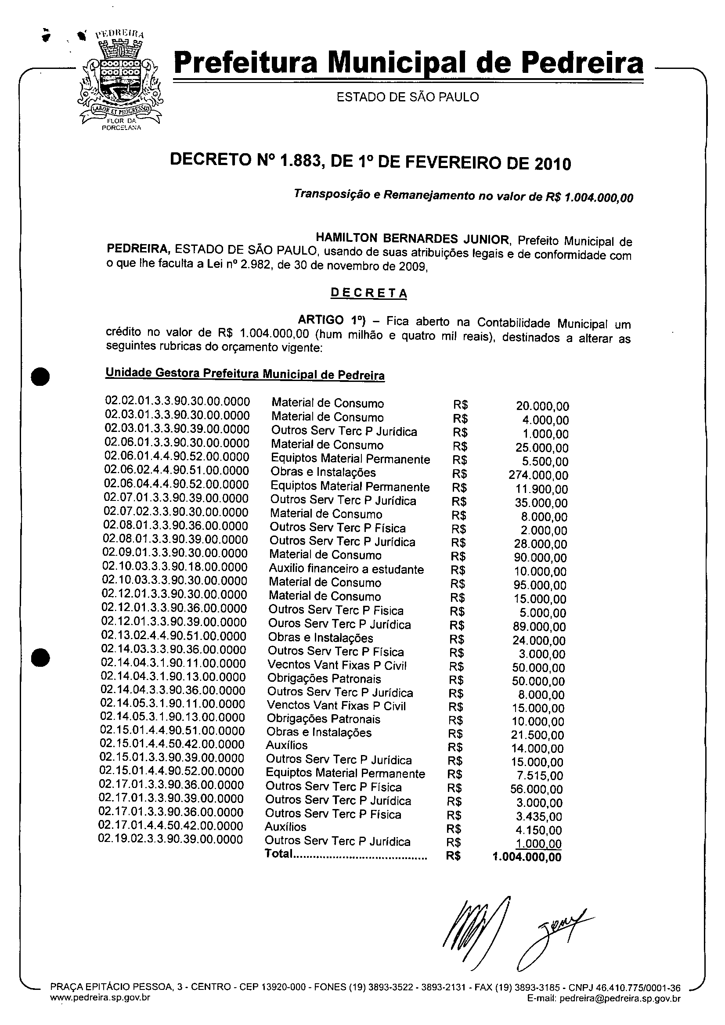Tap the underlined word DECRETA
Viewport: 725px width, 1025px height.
[x=368, y=293]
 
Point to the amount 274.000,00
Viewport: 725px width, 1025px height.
[x=538, y=475]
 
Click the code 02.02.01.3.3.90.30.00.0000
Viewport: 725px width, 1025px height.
[x=177, y=401]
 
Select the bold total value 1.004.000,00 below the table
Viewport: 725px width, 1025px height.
[x=527, y=857]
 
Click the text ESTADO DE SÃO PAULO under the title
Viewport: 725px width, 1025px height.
[x=408, y=97]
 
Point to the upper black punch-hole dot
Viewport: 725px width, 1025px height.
[x=41, y=376]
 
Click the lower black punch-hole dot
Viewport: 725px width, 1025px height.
[x=40, y=658]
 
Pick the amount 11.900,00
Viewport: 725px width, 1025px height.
[x=541, y=489]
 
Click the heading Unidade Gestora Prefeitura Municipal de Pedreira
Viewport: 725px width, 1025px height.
[x=245, y=374]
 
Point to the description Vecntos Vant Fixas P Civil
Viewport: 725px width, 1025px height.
[x=337, y=665]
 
